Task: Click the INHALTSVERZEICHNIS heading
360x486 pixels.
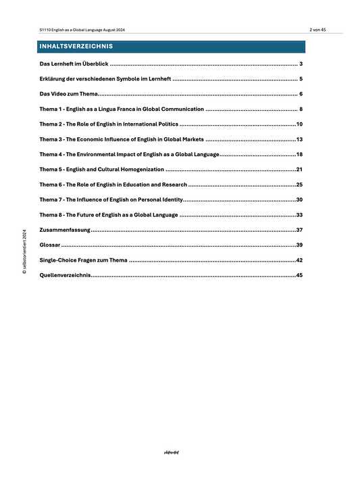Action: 76,47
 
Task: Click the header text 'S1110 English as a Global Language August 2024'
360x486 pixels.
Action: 82,30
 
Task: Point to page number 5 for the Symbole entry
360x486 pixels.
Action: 300,79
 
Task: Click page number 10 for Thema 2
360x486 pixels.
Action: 299,124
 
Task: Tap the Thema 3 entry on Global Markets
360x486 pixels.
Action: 121,139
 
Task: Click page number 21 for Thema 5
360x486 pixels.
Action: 299,170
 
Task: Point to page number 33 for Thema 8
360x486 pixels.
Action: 299,215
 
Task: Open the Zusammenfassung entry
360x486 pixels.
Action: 64,230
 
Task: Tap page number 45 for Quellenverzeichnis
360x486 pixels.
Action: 299,275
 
